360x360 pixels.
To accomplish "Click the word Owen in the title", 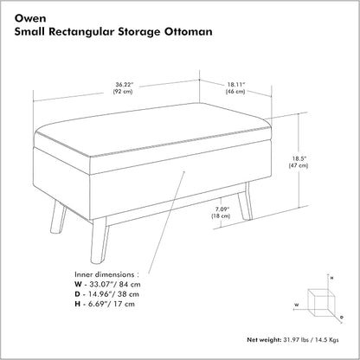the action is click(x=30, y=18).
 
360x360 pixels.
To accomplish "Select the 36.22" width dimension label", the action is click(x=125, y=85).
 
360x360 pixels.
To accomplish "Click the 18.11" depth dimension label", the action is click(x=235, y=85).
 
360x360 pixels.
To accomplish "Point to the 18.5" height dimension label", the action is click(x=299, y=158).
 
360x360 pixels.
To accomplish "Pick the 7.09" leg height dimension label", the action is click(x=221, y=209).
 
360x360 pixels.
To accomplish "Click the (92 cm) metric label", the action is click(x=123, y=92).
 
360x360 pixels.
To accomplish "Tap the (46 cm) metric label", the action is click(x=235, y=92).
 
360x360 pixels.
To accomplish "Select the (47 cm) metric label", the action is click(x=299, y=165).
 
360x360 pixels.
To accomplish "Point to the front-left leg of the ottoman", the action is click(x=58, y=217).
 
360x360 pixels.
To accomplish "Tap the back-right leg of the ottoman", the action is click(x=245, y=201).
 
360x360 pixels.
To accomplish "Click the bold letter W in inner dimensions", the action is click(x=78, y=284).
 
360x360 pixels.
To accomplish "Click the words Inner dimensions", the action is click(x=105, y=274).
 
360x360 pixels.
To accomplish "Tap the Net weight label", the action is click(x=264, y=340).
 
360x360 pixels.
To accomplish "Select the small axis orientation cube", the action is click(x=321, y=303).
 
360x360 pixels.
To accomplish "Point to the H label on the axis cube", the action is click(x=332, y=278).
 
